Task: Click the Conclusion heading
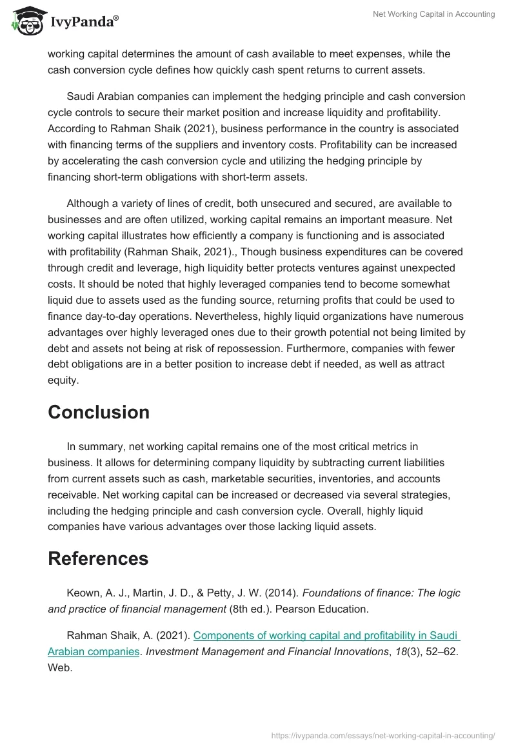coord(99,413)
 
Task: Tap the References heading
coord(98,558)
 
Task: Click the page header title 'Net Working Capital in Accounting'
coord(433,14)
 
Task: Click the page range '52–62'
coord(442,651)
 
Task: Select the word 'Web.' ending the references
coord(60,667)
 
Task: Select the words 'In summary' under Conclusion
coord(95,446)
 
